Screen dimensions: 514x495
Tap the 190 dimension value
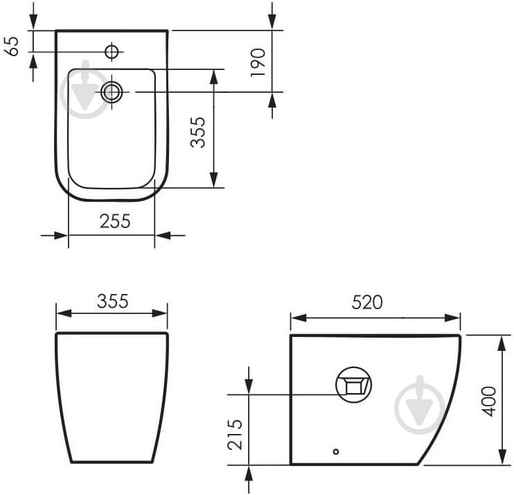click(258, 62)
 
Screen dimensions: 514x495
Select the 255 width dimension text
click(115, 221)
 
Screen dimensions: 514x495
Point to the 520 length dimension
click(367, 302)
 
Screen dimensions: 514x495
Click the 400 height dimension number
click(489, 401)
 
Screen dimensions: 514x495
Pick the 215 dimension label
click(234, 435)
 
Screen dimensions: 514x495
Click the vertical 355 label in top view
click(198, 132)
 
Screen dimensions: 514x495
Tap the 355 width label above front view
click(112, 301)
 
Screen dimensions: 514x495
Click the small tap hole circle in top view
click(112, 51)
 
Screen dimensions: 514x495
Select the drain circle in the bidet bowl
click(112, 92)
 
